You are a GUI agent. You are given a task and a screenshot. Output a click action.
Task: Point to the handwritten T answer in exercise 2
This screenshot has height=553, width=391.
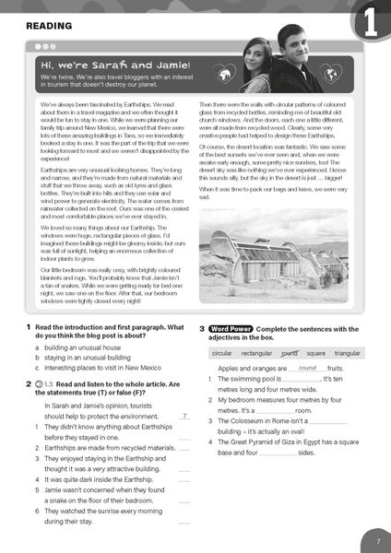point(185,417)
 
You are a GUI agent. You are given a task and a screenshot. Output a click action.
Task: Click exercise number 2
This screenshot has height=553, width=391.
point(29,383)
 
